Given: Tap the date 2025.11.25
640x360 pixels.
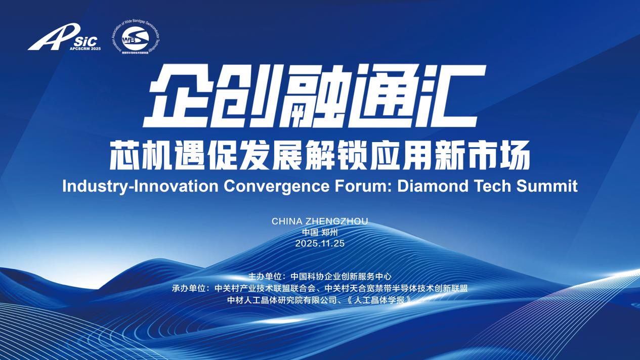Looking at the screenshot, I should point(319,243).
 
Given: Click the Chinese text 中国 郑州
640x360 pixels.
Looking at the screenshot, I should point(319,233).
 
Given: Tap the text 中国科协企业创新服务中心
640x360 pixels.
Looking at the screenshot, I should point(342,277).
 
